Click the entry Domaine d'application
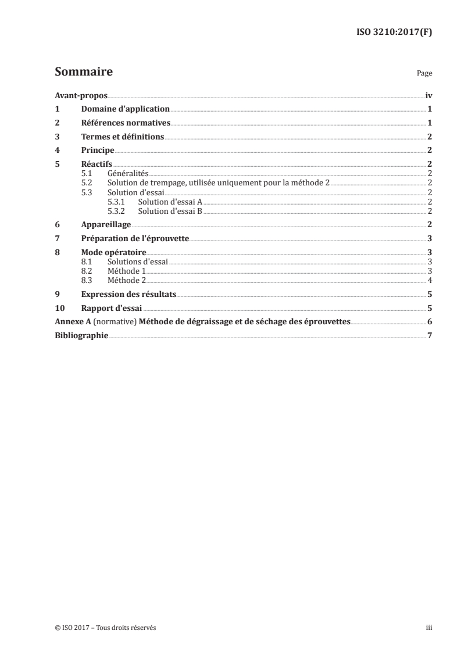pyautogui.click(x=125, y=109)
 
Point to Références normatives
pyautogui.click(x=126, y=123)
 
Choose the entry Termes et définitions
pyautogui.click(x=123, y=137)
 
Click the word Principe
pyautogui.click(x=98, y=150)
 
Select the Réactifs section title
pyautogui.click(x=97, y=164)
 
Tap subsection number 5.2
pyautogui.click(x=87, y=182)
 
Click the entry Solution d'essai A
pyautogui.click(x=170, y=201)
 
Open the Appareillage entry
pyautogui.click(x=106, y=224)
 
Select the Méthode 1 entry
pyautogui.click(x=127, y=271)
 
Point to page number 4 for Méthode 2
pyautogui.click(x=429, y=281)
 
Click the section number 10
pyautogui.click(x=59, y=308)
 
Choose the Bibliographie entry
pyautogui.click(x=81, y=336)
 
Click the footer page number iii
pyautogui.click(x=429, y=628)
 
